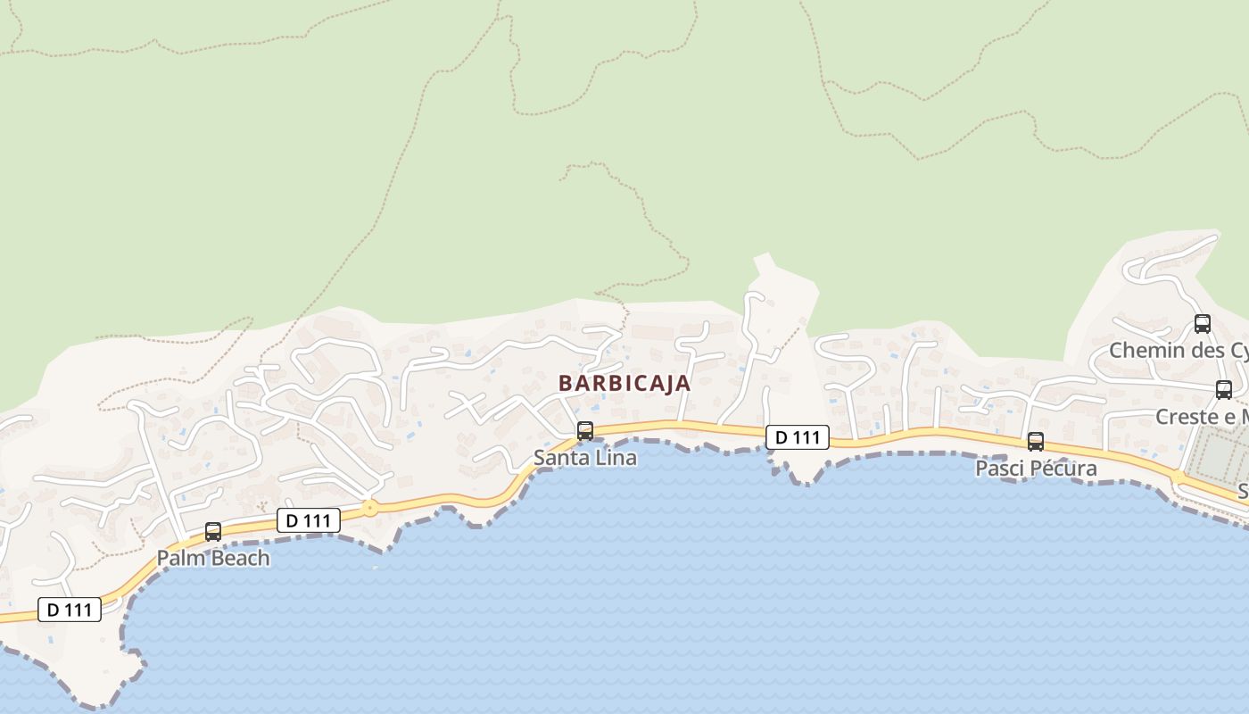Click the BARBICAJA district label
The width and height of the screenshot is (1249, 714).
[624, 383]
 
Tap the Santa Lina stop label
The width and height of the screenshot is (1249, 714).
[585, 458]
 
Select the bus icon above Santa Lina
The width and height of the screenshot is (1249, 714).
[585, 431]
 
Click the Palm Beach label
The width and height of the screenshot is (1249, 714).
[213, 558]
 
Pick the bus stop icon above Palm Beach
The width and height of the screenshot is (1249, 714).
[213, 532]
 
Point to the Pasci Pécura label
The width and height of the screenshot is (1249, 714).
[1036, 469]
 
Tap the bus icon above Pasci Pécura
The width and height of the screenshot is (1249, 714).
[1036, 442]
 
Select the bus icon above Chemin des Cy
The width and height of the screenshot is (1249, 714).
[1203, 324]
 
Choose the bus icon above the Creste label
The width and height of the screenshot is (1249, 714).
[1224, 390]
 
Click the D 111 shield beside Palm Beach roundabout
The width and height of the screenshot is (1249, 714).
[309, 520]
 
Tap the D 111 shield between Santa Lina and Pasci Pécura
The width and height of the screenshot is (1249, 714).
[798, 437]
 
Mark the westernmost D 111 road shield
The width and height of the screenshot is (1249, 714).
[70, 610]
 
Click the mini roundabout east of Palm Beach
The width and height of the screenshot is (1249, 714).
[369, 509]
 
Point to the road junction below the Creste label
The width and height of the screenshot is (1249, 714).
[1179, 477]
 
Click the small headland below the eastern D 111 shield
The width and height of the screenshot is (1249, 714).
[803, 469]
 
